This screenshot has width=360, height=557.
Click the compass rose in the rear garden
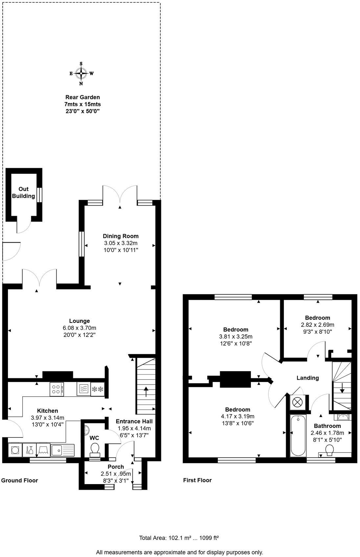[81, 74]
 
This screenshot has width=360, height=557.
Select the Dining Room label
[121, 236]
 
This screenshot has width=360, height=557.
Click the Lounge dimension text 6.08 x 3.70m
[79, 328]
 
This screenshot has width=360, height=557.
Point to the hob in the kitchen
[56, 389]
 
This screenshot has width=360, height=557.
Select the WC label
[94, 438]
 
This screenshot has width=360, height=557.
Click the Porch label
[116, 467]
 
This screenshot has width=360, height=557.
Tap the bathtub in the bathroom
[298, 435]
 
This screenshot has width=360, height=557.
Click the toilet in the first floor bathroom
[329, 449]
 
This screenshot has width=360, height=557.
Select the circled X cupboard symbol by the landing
[298, 402]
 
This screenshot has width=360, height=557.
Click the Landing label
[307, 378]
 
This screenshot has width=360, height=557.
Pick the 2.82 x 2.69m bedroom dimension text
[317, 324]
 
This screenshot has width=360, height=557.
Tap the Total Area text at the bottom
[179, 538]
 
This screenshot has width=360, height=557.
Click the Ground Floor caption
[20, 480]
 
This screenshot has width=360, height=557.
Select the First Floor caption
[197, 480]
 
